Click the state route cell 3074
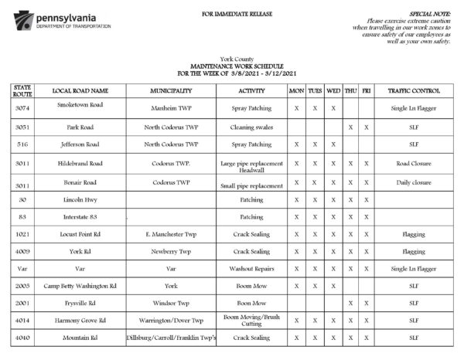[x=22, y=108]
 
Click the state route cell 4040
[x=22, y=338]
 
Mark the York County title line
[x=231, y=59]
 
